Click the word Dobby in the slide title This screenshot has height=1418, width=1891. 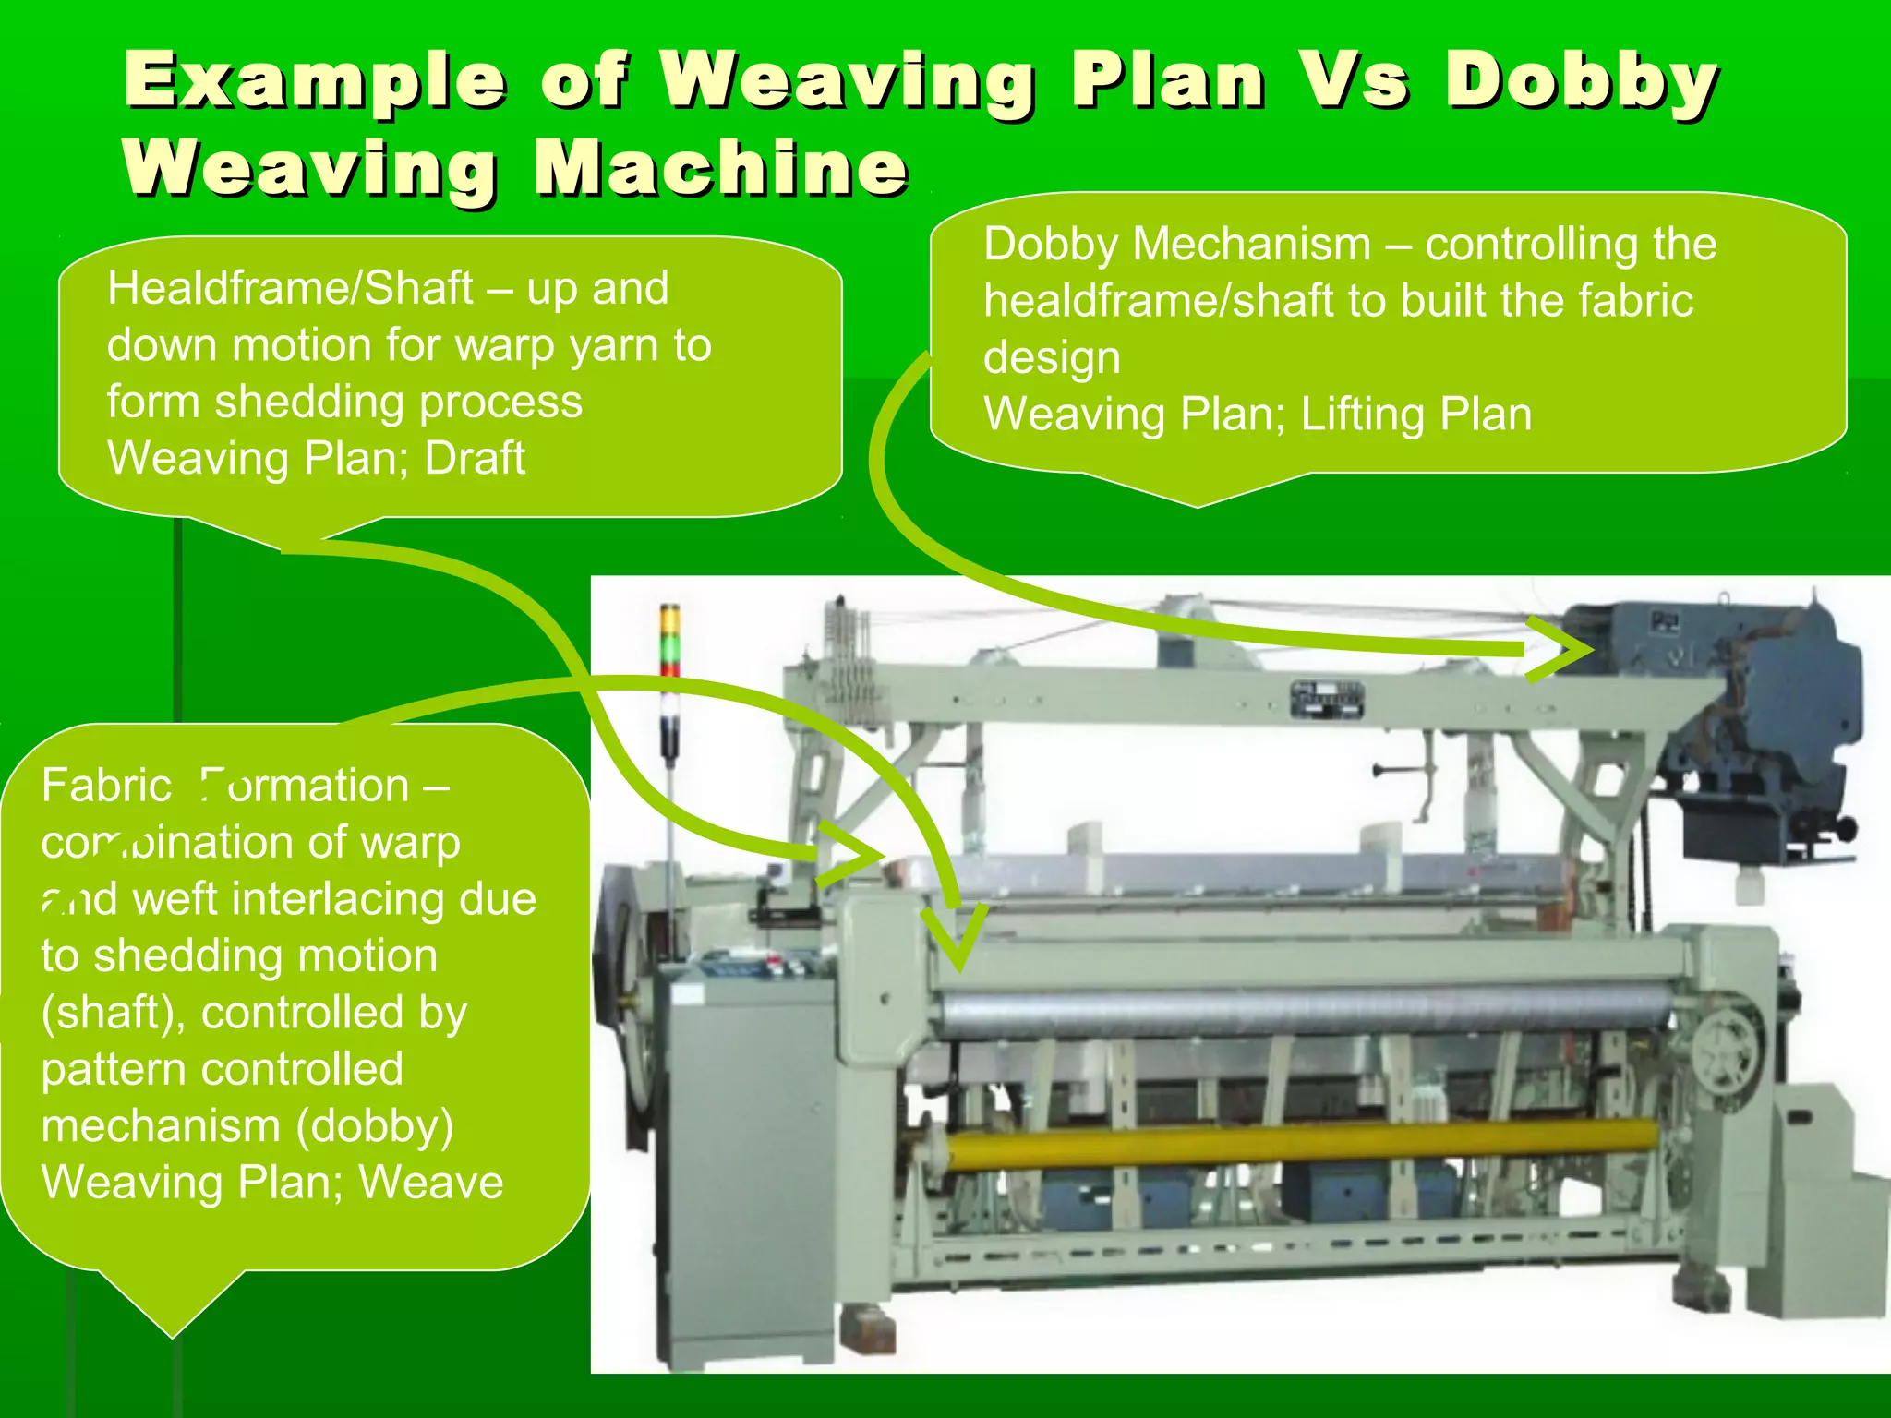click(1581, 81)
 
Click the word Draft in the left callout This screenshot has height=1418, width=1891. click(475, 458)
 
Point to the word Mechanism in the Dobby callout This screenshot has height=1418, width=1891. click(1252, 245)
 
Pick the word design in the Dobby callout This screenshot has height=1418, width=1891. click(1052, 358)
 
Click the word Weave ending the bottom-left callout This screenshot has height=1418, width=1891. click(431, 1183)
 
